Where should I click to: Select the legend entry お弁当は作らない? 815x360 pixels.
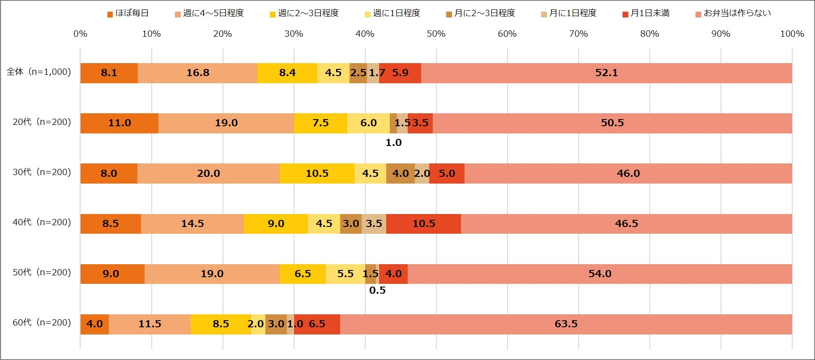coord(733,13)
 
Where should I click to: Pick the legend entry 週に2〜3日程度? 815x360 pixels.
coord(304,13)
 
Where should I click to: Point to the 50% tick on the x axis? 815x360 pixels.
coord(436,34)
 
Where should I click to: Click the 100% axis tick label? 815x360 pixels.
coord(792,34)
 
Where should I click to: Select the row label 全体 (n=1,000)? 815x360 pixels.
coord(39,72)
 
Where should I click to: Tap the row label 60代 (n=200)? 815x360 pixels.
coord(42,322)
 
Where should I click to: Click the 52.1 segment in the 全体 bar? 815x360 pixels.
coord(606,73)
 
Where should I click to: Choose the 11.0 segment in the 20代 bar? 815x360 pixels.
coord(119,123)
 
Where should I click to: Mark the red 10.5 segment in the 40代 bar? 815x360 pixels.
coord(423,223)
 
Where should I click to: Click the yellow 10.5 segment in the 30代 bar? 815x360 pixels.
coord(317,173)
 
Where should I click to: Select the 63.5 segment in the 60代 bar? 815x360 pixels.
coord(566,324)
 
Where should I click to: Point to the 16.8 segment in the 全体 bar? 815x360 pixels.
coord(197,73)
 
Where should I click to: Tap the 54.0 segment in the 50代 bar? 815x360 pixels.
coord(600,274)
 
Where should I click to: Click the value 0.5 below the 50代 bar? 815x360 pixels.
coord(377,290)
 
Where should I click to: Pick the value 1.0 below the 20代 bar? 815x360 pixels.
coord(393,143)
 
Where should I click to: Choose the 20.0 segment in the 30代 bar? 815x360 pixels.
coord(209,173)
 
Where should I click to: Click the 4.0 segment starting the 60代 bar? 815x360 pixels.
coord(94,324)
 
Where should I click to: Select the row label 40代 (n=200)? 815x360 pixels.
coord(42,222)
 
